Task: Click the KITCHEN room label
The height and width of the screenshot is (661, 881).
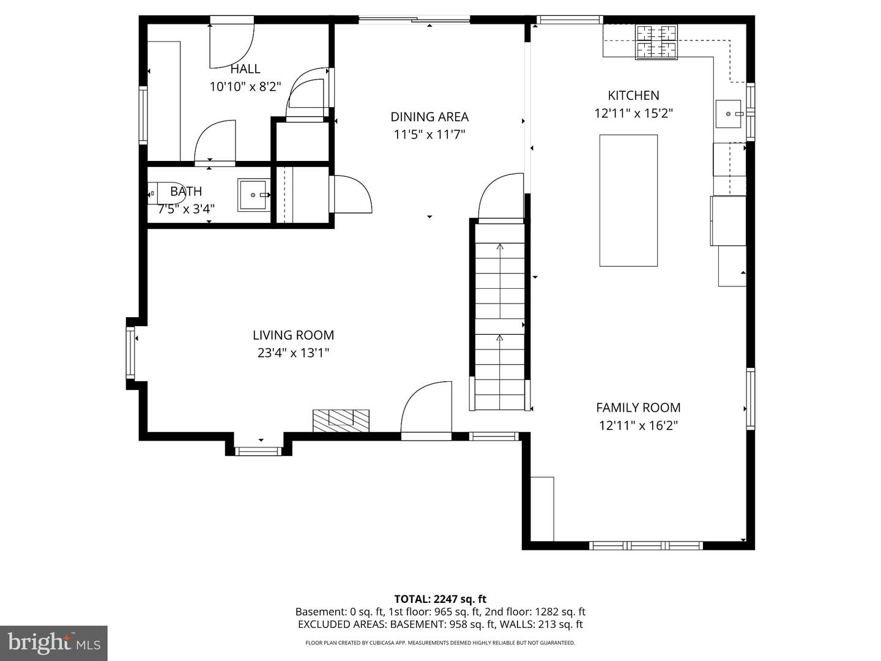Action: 633,95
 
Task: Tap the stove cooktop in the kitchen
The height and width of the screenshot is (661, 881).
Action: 656,42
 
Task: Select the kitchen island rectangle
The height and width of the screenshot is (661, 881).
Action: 628,201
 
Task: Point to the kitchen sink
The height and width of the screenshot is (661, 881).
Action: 728,114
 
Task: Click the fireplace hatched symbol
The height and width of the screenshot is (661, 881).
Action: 341,420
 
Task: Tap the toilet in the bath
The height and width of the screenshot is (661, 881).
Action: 166,193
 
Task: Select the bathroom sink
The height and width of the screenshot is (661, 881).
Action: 253,195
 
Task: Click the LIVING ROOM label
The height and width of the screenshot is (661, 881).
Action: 293,335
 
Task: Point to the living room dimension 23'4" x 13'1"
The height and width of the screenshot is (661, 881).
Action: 293,353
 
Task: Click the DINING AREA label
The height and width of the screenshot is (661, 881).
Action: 429,117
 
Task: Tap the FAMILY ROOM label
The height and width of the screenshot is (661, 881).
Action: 638,408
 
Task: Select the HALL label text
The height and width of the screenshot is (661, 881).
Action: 245,69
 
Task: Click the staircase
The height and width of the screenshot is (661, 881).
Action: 500,317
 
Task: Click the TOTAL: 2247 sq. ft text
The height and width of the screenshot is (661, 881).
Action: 441,599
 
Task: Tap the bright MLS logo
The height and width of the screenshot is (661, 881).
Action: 53,643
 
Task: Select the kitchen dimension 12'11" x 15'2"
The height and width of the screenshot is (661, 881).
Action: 633,114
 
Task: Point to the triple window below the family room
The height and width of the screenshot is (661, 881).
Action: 646,546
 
